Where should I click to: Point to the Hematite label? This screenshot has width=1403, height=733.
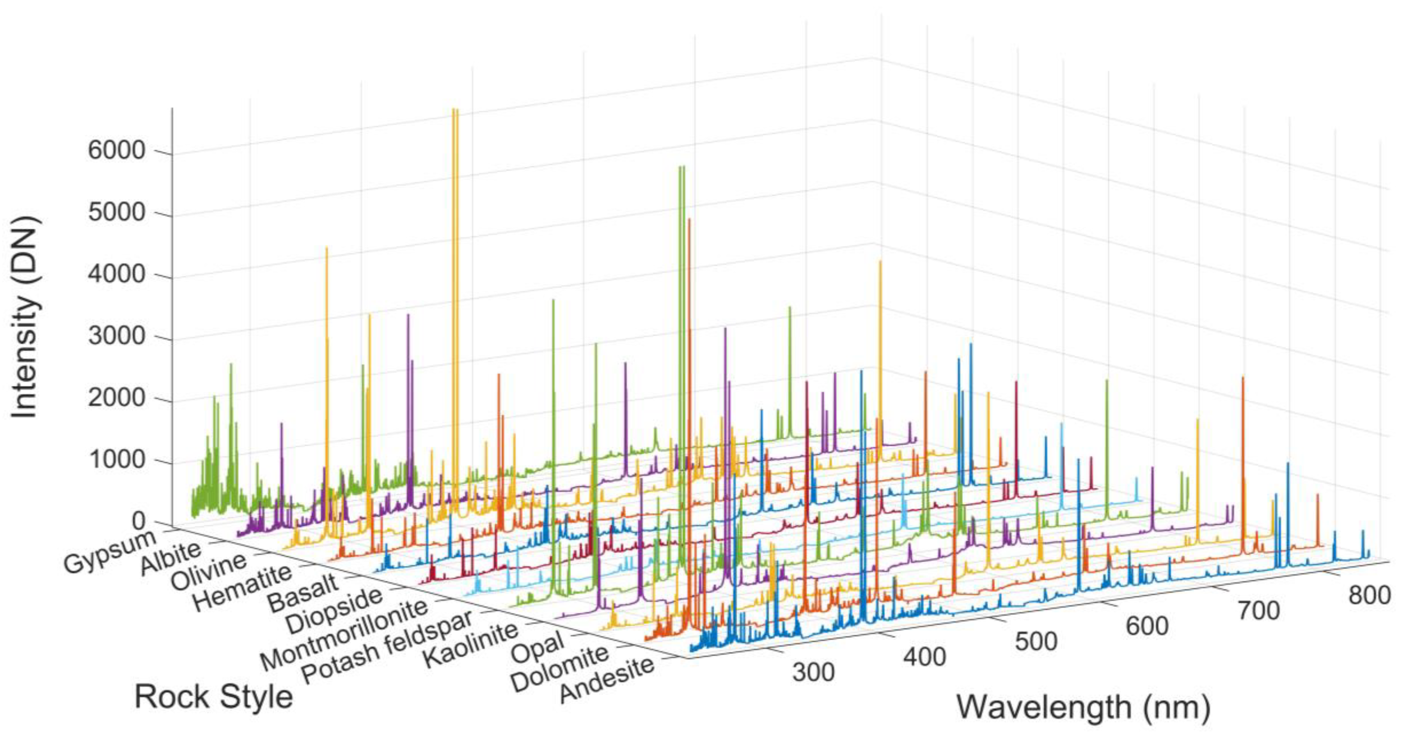(x=243, y=589)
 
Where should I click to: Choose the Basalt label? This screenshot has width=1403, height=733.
(x=303, y=594)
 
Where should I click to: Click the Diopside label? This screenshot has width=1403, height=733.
(x=333, y=610)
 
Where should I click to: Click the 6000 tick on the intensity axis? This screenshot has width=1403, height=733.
(x=116, y=150)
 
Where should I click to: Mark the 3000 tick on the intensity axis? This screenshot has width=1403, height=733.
(x=116, y=336)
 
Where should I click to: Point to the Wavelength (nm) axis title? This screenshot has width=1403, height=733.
(x=1084, y=707)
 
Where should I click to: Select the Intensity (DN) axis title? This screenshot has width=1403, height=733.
(x=26, y=317)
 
